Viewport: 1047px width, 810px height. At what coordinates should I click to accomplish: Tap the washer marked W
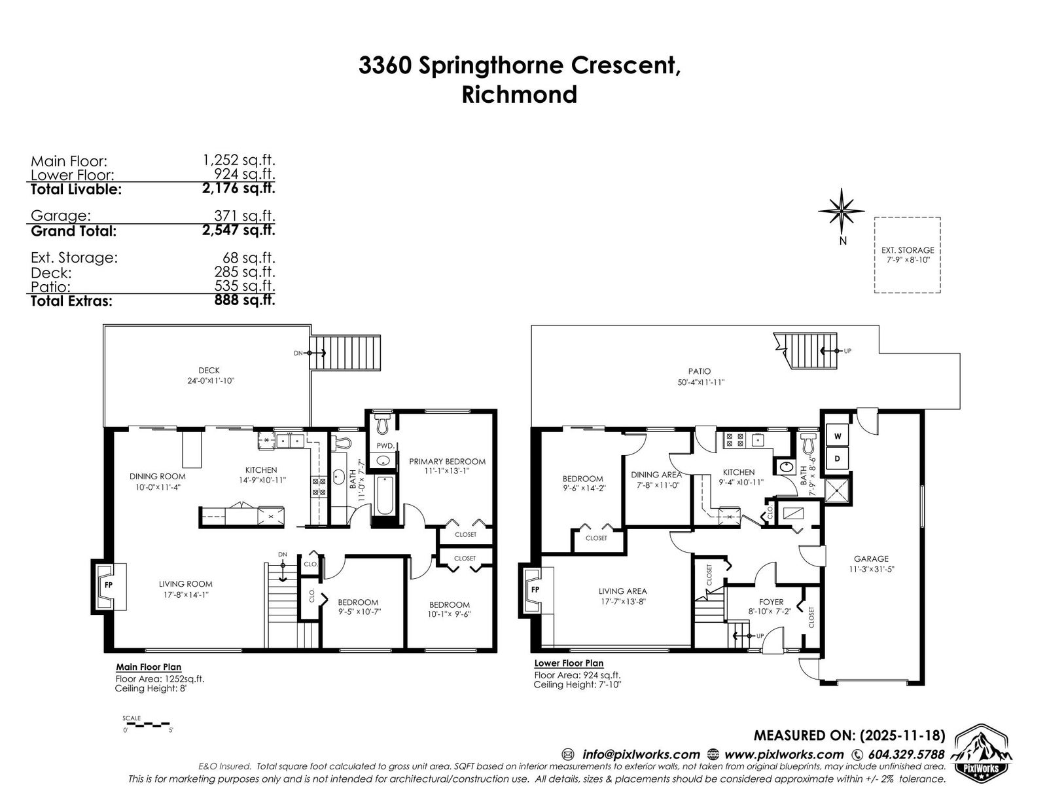click(x=838, y=436)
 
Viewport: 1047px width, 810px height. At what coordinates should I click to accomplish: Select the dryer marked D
click(x=838, y=458)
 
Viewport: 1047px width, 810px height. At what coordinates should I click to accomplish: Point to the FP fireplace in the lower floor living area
click(x=535, y=589)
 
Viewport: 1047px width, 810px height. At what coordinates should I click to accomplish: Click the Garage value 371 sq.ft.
click(x=244, y=216)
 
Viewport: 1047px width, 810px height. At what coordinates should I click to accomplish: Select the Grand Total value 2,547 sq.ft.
click(x=238, y=230)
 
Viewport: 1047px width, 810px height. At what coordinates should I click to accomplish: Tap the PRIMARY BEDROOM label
click(x=447, y=462)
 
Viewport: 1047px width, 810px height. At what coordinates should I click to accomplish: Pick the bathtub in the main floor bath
click(x=385, y=495)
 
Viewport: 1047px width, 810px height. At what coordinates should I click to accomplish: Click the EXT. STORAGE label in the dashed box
click(x=907, y=250)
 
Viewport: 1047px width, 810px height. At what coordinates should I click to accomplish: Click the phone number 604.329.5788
click(x=906, y=754)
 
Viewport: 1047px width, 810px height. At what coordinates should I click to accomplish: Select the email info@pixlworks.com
click(x=641, y=754)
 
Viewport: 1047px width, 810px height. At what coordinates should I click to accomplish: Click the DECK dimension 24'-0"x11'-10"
click(x=211, y=381)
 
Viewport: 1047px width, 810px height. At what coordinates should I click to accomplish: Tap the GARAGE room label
click(x=871, y=559)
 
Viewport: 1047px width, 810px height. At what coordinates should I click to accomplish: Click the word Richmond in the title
click(x=520, y=94)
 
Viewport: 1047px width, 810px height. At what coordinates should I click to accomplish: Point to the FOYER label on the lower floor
click(x=771, y=602)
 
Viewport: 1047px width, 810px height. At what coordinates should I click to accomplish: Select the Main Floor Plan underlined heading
click(x=149, y=668)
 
